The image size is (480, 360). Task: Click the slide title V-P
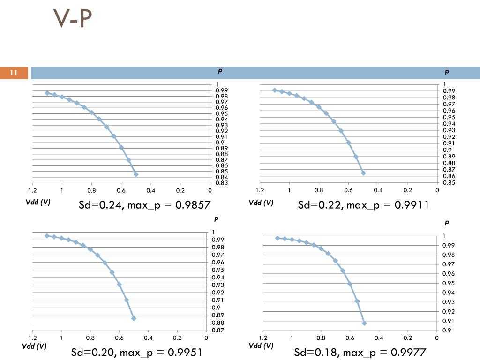click(73, 19)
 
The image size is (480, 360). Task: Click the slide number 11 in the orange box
click(14, 73)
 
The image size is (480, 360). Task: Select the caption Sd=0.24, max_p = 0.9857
click(145, 205)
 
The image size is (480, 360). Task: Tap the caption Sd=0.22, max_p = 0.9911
click(364, 205)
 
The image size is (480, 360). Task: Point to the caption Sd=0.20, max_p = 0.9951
click(136, 352)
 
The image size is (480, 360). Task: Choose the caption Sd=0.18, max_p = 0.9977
click(360, 352)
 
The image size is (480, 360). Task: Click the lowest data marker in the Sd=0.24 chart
click(136, 174)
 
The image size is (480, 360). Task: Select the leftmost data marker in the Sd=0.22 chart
click(275, 90)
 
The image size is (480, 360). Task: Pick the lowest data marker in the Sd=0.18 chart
click(364, 323)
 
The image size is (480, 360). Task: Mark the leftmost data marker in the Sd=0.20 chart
click(47, 236)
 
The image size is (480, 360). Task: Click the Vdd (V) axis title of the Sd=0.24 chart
click(37, 202)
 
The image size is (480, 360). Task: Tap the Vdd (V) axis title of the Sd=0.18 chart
click(261, 346)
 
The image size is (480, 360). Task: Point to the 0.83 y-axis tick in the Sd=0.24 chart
click(222, 183)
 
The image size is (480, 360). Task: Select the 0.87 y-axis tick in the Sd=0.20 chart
click(218, 330)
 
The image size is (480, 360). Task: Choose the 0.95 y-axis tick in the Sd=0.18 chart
click(449, 283)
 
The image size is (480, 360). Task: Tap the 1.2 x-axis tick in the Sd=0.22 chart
click(260, 190)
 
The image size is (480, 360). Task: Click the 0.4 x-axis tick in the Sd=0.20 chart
click(148, 337)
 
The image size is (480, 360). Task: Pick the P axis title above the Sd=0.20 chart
click(216, 218)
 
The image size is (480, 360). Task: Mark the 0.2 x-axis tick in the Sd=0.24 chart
click(180, 190)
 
